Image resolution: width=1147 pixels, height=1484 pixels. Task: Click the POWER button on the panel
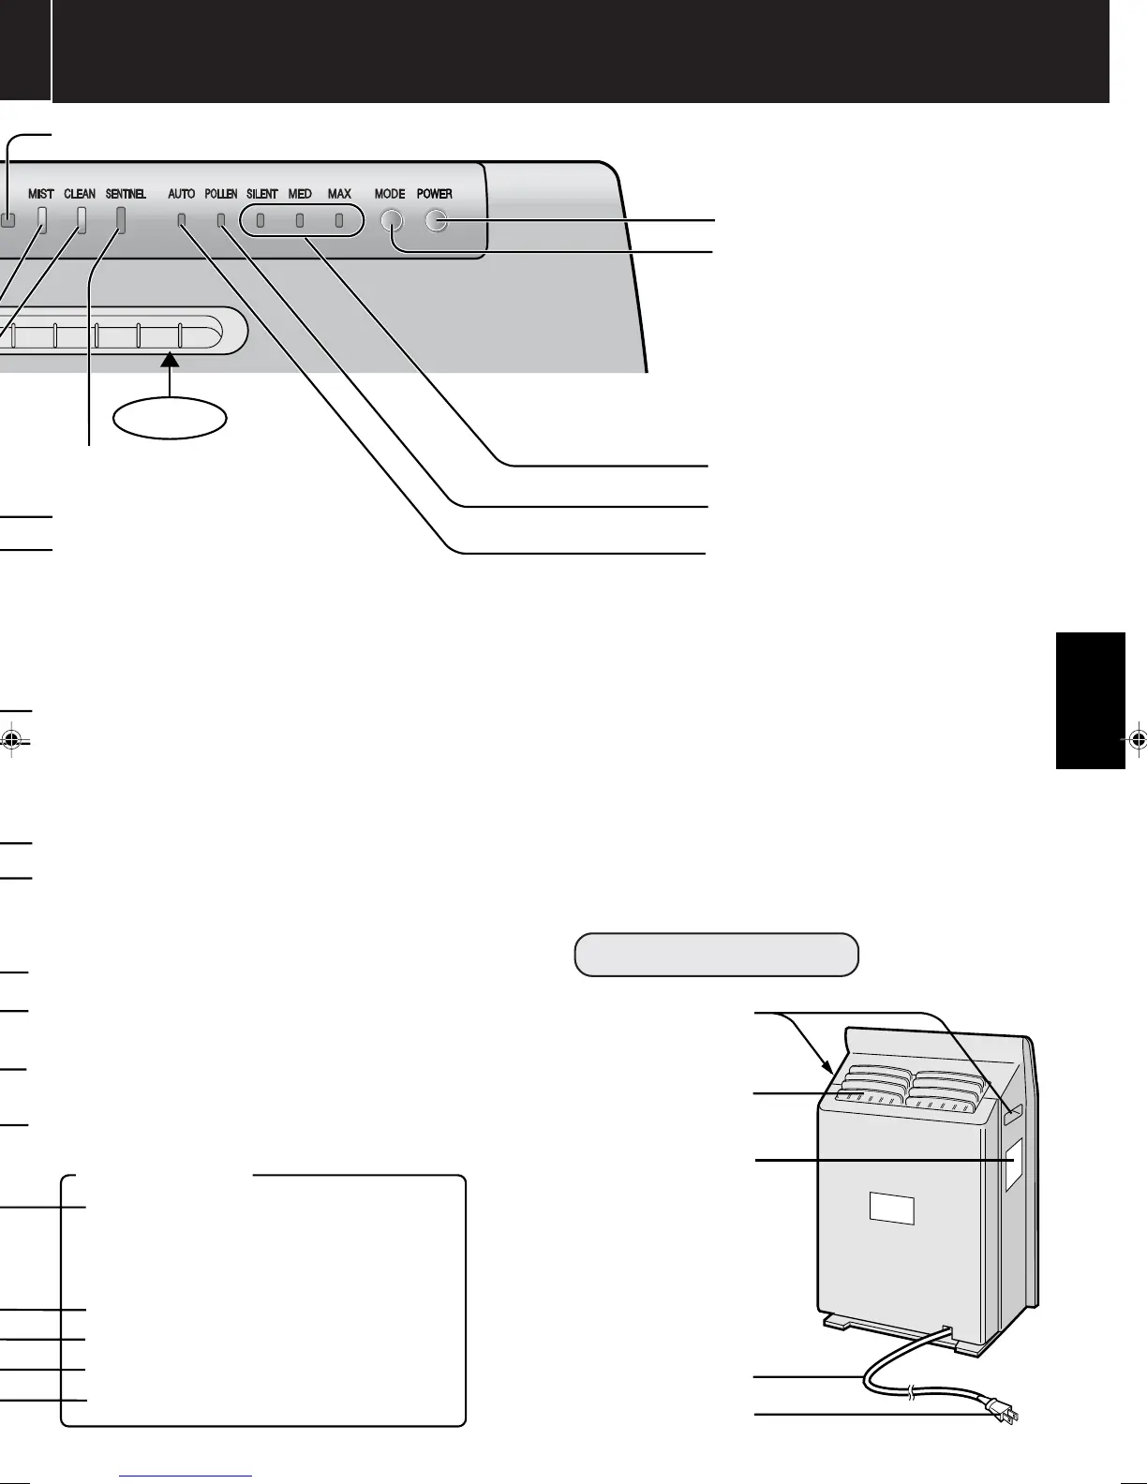[x=436, y=221]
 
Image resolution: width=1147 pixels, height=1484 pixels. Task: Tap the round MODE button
[x=391, y=221]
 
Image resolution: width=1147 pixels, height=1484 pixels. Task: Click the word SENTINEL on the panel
[x=126, y=194]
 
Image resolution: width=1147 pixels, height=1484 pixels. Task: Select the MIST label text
[x=41, y=194]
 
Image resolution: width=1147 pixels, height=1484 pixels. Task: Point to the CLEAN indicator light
[x=81, y=219]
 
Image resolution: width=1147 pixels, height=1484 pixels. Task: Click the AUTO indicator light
[x=182, y=222]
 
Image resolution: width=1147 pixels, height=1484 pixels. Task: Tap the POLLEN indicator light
[x=222, y=222]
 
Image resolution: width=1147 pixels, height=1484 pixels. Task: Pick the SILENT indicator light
[x=261, y=222]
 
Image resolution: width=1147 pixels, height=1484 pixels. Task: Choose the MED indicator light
[x=300, y=222]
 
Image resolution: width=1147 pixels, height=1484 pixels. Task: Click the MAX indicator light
[x=339, y=222]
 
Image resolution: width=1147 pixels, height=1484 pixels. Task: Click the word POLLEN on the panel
[x=221, y=194]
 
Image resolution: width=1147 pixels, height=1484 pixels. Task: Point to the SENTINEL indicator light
[x=120, y=219]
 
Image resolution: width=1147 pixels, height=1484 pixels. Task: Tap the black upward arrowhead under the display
[x=170, y=359]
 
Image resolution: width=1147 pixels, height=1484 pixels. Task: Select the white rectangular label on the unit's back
[x=891, y=1208]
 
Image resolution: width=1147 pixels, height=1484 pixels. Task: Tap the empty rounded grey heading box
[x=716, y=955]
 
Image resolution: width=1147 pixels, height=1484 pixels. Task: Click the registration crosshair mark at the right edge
[x=1137, y=739]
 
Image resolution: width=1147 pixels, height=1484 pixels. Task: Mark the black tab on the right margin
[x=1090, y=701]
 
